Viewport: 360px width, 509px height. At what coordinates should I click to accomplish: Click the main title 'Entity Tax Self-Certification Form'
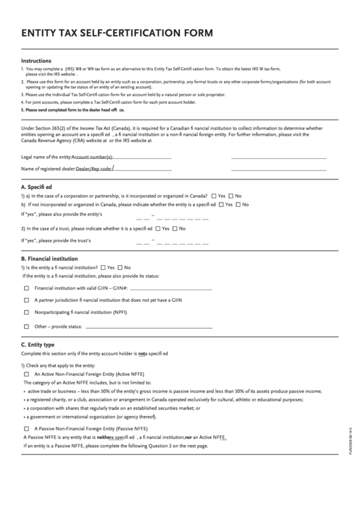(x=117, y=33)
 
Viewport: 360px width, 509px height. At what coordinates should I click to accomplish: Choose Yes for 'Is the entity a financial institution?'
(x=103, y=268)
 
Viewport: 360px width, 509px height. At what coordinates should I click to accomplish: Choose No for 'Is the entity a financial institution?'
(x=120, y=268)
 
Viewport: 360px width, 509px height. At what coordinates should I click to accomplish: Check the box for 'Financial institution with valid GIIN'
(x=27, y=288)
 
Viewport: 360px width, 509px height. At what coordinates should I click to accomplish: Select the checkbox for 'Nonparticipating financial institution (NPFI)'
(x=27, y=313)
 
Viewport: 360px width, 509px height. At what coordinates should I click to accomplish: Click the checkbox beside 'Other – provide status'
(x=27, y=327)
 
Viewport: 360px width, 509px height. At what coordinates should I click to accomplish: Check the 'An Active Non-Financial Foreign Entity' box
(x=27, y=374)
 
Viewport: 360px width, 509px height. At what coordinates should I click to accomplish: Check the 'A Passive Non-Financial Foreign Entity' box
(x=27, y=429)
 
